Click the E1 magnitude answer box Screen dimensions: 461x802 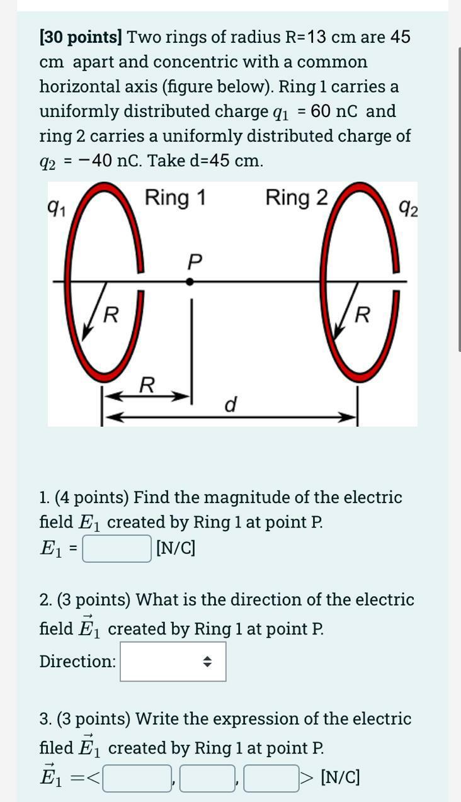tap(117, 548)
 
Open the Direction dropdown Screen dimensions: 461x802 tap(173, 661)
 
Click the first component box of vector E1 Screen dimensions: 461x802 tap(138, 778)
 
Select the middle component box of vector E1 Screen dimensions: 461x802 tap(207, 778)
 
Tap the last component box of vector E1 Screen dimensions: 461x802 tap(271, 778)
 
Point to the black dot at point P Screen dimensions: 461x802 tap(190, 282)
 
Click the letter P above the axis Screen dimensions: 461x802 tap(195, 261)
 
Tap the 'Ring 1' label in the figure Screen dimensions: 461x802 tap(175, 198)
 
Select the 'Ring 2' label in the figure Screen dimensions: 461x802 tap(297, 198)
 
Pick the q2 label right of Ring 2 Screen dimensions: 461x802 tap(408, 208)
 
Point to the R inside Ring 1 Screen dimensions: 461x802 tap(110, 313)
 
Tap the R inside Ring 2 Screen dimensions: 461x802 tap(362, 313)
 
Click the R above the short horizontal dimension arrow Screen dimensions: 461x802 tap(147, 384)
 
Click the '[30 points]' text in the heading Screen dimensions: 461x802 tap(81, 37)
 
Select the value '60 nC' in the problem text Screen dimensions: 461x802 tap(336, 111)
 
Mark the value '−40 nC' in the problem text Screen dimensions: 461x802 tap(114, 161)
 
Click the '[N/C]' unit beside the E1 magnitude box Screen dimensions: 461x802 tap(176, 548)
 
